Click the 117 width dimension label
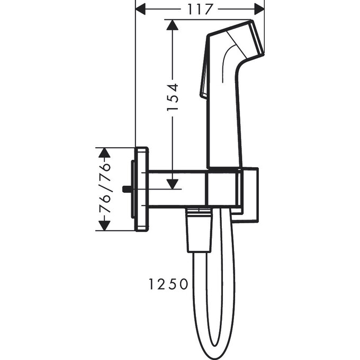coord(200,9)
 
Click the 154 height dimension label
coord(173,97)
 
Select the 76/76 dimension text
coord(105,188)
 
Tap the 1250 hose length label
coord(167,284)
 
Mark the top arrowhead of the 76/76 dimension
coord(105,153)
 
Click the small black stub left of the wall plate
coord(127,188)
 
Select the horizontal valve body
coord(177,188)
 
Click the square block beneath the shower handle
coord(223,188)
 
